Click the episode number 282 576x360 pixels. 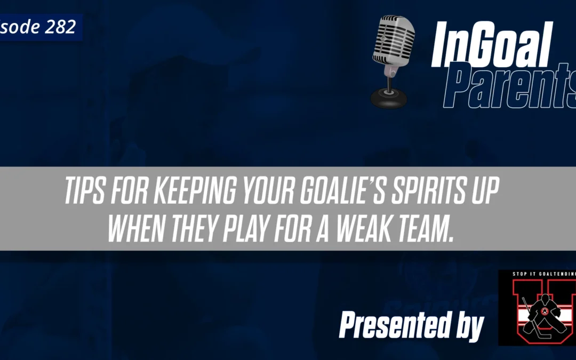60,27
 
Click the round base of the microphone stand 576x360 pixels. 389,99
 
